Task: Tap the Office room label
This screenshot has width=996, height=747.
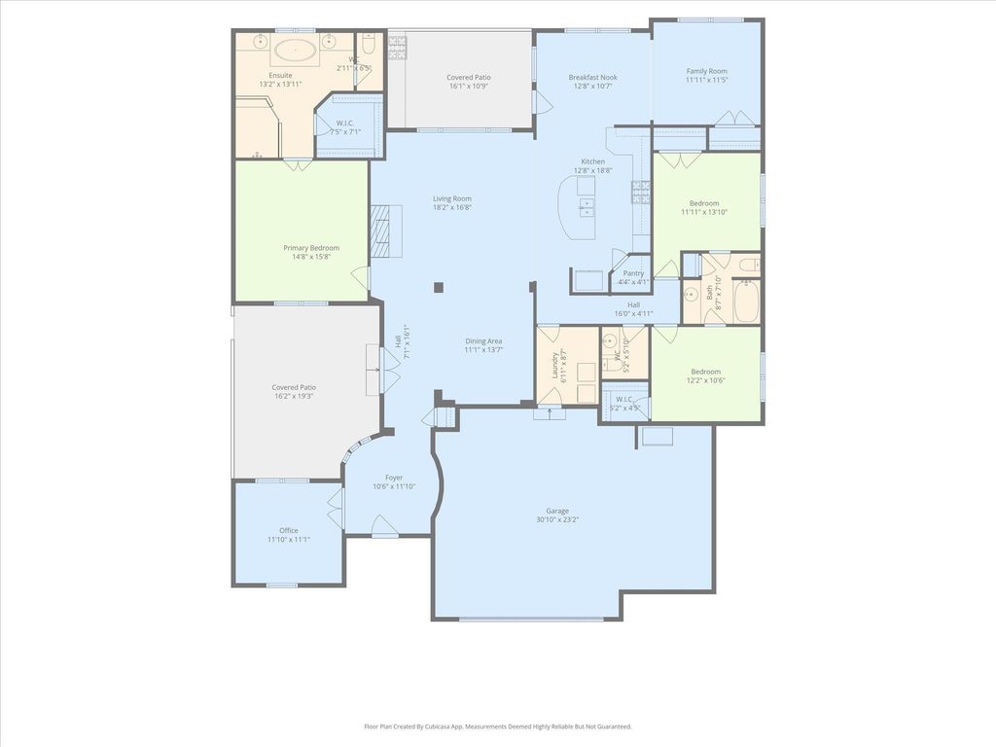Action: click(x=289, y=530)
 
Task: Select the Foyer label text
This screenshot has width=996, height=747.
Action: click(x=394, y=478)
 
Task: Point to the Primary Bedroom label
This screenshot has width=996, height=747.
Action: click(x=311, y=248)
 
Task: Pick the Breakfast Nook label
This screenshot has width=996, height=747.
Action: click(x=593, y=77)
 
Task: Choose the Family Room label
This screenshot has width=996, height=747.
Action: click(x=706, y=71)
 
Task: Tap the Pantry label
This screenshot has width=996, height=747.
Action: click(x=633, y=273)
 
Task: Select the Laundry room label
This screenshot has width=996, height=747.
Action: click(x=555, y=366)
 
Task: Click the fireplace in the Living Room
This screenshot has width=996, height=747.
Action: click(x=385, y=231)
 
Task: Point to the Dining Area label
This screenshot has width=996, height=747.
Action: click(x=483, y=340)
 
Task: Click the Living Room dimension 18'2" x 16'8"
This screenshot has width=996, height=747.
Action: click(x=452, y=207)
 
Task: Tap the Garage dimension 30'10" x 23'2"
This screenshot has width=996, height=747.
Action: click(x=557, y=519)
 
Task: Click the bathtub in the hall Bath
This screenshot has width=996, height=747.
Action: click(x=747, y=301)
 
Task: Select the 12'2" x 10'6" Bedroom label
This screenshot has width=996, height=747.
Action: click(x=706, y=372)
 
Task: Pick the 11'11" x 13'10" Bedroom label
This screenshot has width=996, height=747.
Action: click(x=705, y=203)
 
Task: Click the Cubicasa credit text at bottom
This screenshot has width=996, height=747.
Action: click(x=498, y=726)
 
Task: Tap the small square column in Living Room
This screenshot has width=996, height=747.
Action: click(x=439, y=287)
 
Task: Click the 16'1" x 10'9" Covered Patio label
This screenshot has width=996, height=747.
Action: click(x=469, y=77)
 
